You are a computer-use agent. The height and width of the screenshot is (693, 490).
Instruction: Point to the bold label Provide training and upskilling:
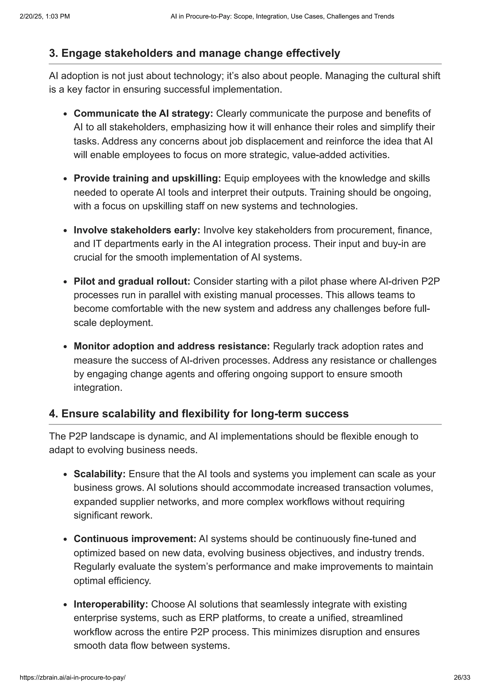pos(147,178)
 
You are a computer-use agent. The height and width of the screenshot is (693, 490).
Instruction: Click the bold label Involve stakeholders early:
pos(137,230)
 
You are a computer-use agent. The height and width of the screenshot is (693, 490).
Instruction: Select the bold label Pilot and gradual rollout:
pos(132,281)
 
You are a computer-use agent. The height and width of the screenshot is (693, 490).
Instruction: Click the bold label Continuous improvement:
pos(135,539)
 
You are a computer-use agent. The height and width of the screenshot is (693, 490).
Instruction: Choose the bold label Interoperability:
pos(111,604)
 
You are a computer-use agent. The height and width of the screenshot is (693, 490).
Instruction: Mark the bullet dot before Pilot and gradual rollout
pos(65,282)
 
